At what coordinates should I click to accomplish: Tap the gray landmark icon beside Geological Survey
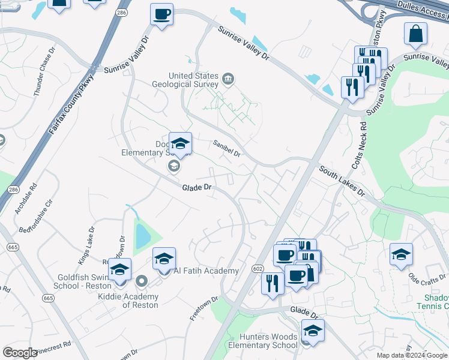point(228,79)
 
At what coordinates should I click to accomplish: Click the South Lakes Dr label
point(342,181)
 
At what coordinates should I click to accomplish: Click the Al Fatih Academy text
point(206,271)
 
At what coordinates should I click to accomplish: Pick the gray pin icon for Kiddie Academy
point(142,281)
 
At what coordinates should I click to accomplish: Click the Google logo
point(20,353)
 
